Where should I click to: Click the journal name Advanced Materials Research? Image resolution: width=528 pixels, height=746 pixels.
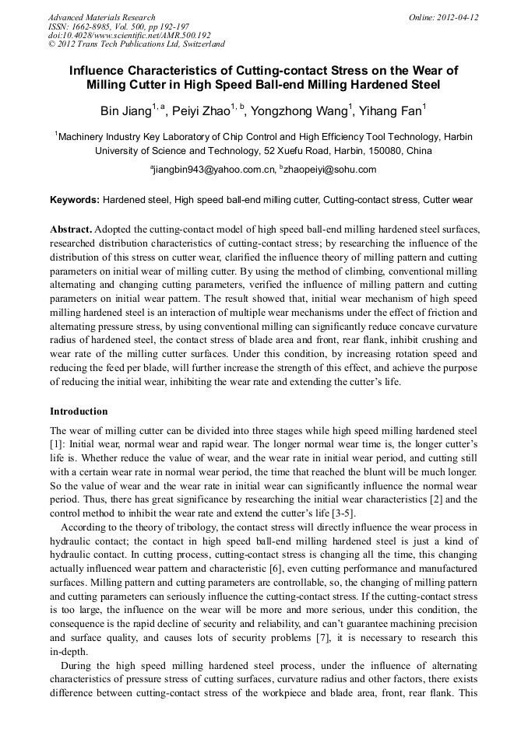[x=101, y=17]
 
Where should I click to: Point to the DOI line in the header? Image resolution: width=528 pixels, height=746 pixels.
[x=129, y=35]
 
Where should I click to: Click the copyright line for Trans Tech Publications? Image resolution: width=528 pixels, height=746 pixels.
[x=136, y=44]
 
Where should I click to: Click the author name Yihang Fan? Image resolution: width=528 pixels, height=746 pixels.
[x=393, y=110]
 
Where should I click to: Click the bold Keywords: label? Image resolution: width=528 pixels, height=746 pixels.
[x=75, y=200]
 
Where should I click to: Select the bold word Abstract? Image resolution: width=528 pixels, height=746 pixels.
[x=71, y=230]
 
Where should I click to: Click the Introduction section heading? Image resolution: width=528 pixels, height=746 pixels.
[x=79, y=411]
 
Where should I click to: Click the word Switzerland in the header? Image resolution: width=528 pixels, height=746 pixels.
[x=201, y=44]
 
